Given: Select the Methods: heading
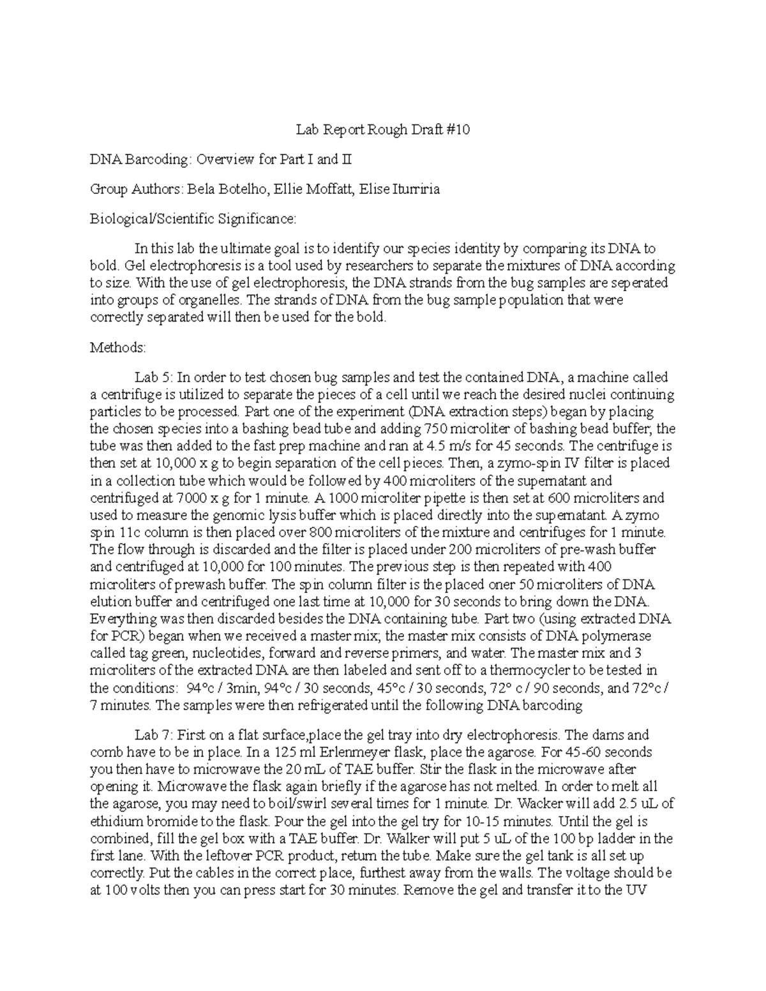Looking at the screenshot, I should click(118, 348).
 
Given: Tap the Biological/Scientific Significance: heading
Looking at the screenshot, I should click(193, 219).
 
